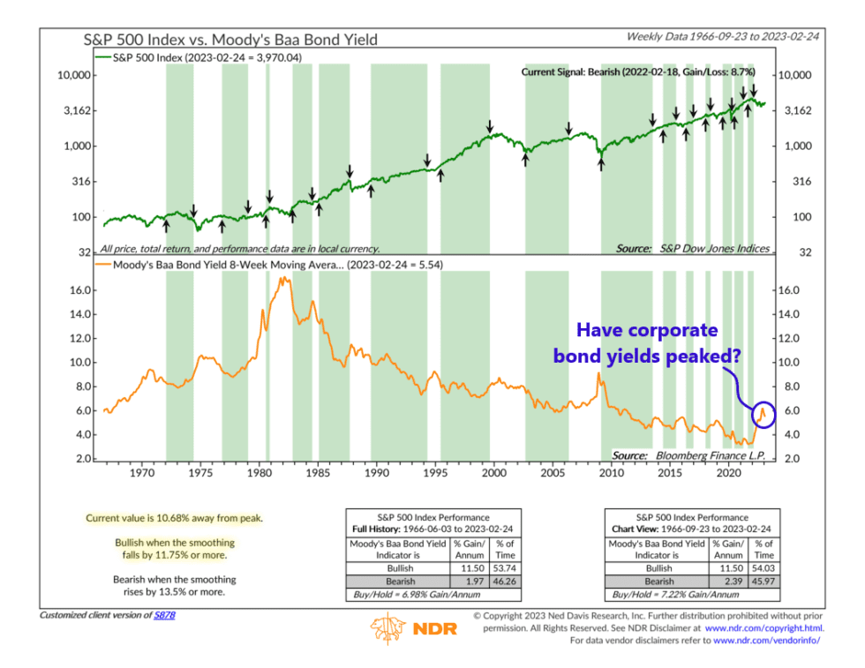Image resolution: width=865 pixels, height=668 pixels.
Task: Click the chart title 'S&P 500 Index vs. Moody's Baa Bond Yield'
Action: click(x=232, y=39)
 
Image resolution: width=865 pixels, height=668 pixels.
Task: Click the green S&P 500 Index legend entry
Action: click(x=221, y=56)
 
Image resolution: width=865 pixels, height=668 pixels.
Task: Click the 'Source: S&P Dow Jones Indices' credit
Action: click(x=692, y=249)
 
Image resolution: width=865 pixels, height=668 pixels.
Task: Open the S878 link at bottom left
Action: click(x=165, y=614)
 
